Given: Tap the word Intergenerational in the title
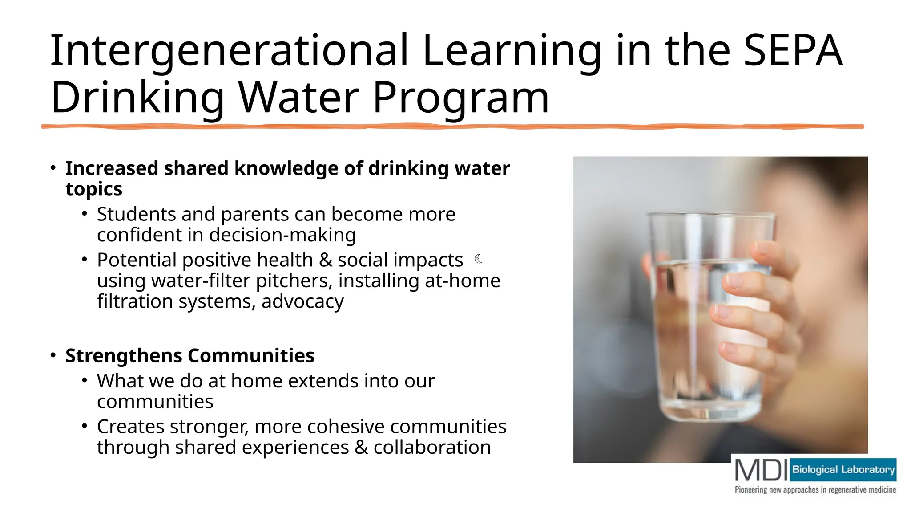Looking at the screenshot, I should point(229,51).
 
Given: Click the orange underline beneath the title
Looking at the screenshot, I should point(452,127).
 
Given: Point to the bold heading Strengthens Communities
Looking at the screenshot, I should point(190,356).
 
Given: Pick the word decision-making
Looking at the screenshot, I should point(282,235).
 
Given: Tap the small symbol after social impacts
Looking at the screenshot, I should point(479,259).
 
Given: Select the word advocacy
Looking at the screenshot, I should point(302,302).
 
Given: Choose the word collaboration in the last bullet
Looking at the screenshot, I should point(432,448).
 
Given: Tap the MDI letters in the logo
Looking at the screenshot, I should point(761,470).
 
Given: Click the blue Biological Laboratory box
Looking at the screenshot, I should point(843,470).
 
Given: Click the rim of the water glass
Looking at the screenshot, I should point(711,216).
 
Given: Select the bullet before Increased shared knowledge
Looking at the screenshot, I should point(53,168).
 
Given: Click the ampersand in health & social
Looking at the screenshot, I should point(326,261).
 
